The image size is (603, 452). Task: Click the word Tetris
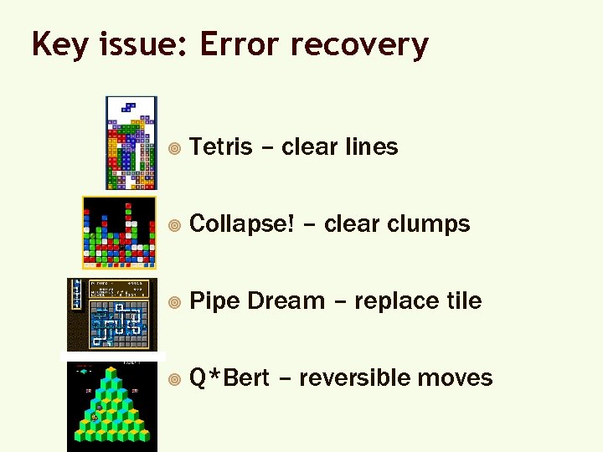tap(221, 146)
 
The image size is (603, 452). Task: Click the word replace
tap(396, 300)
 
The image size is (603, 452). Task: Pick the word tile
tap(463, 300)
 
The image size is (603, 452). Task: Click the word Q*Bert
tap(229, 378)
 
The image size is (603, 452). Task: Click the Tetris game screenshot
tap(131, 143)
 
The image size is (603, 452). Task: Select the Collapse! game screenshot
tap(119, 232)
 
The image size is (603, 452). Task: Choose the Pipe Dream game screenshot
tap(111, 314)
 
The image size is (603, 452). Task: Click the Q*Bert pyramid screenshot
tap(111, 405)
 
